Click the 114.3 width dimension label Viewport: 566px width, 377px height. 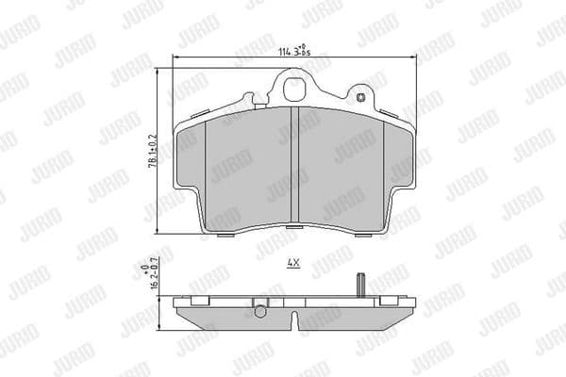[x=295, y=49]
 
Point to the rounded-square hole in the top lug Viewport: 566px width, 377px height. [x=294, y=91]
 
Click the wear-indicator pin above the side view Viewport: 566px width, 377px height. [x=360, y=283]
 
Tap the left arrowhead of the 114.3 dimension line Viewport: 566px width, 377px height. [x=175, y=59]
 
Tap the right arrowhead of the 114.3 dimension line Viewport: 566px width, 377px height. [x=413, y=59]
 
